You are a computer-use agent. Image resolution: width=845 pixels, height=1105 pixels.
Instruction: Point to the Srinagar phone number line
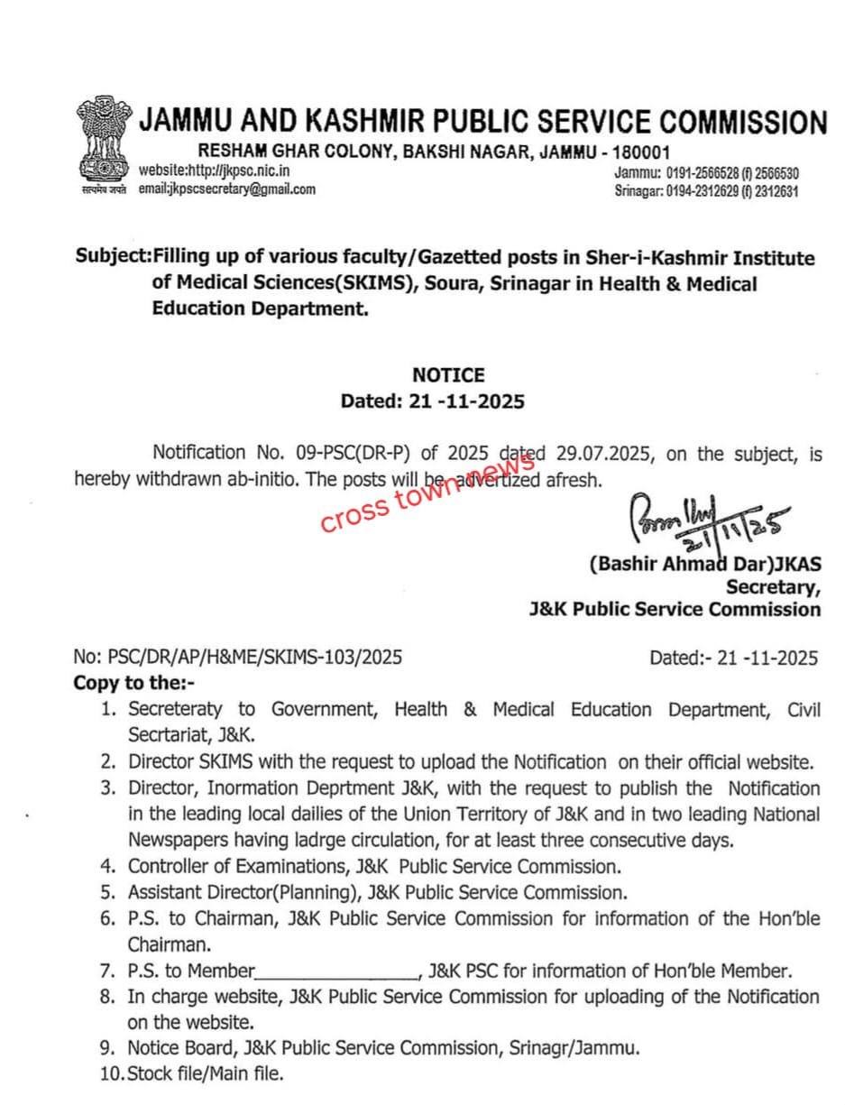coord(706,191)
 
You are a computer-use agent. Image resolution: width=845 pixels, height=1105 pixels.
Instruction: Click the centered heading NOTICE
coord(448,375)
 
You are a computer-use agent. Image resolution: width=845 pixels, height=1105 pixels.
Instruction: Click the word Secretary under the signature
coord(774,587)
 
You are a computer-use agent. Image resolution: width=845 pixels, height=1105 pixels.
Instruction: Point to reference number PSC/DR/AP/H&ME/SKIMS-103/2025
coord(238,657)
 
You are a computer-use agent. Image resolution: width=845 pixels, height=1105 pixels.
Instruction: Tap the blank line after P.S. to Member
coord(336,972)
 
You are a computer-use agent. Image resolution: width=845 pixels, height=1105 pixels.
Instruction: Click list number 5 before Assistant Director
coord(108,893)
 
